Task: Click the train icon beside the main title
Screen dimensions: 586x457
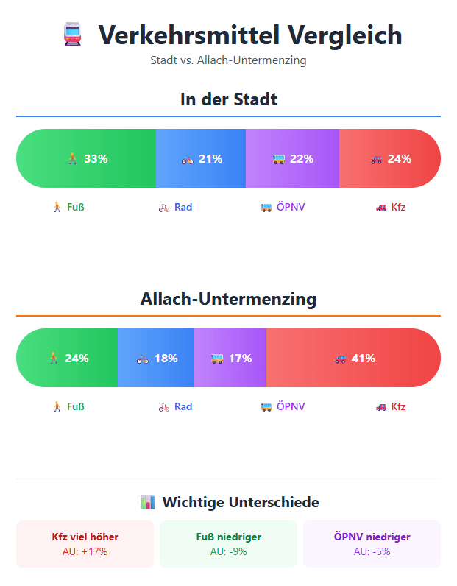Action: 72,35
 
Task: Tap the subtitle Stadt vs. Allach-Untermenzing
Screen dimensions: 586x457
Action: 228,60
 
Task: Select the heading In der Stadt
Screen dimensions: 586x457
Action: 228,99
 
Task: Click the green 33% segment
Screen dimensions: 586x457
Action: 86,158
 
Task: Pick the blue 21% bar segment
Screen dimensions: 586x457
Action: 201,158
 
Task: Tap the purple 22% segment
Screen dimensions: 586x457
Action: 292,158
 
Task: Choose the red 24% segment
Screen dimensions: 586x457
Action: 390,158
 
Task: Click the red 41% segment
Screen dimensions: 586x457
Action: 353,358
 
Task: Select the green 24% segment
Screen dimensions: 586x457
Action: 67,358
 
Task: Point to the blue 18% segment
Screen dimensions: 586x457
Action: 156,358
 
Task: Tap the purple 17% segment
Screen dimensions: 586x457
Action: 230,358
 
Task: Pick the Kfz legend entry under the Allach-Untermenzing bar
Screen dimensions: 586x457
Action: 391,406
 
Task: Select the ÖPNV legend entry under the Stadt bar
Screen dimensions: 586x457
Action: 283,207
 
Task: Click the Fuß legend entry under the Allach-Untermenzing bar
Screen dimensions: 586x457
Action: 67,406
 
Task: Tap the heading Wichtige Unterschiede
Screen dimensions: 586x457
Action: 229,502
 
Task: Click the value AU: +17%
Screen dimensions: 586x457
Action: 85,551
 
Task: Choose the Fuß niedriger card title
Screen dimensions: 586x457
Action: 228,537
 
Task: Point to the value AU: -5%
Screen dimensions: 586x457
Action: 372,551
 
